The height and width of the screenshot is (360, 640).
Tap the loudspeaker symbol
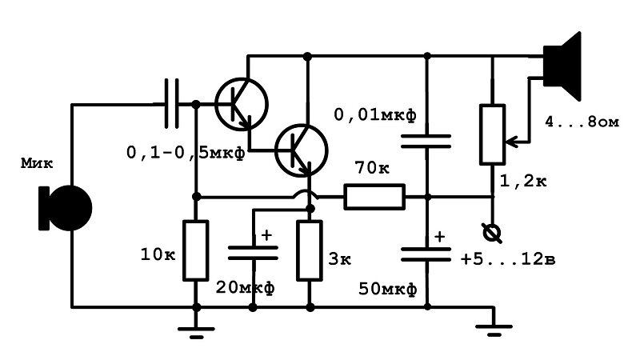pyautogui.click(x=562, y=66)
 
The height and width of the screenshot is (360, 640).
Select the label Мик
pyautogui.click(x=37, y=164)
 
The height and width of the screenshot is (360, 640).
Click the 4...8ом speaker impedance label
pyautogui.click(x=582, y=122)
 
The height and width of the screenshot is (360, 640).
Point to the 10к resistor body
pyautogui.click(x=195, y=250)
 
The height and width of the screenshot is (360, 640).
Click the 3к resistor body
pyautogui.click(x=310, y=250)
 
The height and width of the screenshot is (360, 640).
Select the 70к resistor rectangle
pyautogui.click(x=374, y=197)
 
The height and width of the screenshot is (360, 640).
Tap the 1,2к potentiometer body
pyautogui.click(x=492, y=134)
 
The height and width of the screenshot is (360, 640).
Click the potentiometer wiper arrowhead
pyautogui.click(x=510, y=142)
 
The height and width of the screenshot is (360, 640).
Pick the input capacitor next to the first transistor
pyautogui.click(x=171, y=104)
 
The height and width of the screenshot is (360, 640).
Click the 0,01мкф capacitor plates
pyautogui.click(x=426, y=142)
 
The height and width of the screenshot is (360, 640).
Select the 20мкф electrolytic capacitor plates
pyautogui.click(x=253, y=253)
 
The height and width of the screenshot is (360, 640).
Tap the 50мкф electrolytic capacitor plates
pyautogui.click(x=426, y=254)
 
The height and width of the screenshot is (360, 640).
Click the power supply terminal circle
pyautogui.click(x=492, y=234)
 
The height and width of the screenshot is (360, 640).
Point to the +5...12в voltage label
pyautogui.click(x=508, y=259)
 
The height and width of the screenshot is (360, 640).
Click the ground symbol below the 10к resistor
pyautogui.click(x=196, y=332)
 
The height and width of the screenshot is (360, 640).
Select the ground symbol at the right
pyautogui.click(x=494, y=330)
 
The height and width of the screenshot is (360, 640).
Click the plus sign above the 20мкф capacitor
pyautogui.click(x=266, y=235)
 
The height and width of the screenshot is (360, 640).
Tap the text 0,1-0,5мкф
pyautogui.click(x=186, y=153)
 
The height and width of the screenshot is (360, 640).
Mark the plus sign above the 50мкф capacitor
pyautogui.click(x=439, y=237)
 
